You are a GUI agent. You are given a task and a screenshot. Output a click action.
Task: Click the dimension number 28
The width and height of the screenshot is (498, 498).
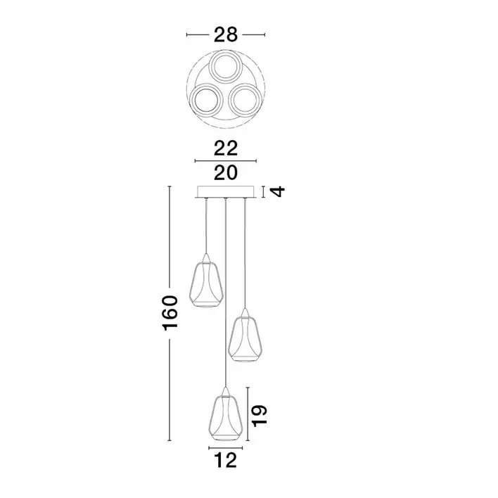coord(226,34)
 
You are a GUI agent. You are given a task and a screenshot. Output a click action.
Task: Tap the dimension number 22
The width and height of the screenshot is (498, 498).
coord(226,148)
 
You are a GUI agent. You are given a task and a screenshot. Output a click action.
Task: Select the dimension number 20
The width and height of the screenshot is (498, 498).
coord(226,173)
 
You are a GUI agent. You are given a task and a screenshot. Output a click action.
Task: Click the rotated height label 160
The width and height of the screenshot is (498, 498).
coord(170,313)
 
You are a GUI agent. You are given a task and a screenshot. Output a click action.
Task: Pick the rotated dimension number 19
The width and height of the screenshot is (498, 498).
coord(259,416)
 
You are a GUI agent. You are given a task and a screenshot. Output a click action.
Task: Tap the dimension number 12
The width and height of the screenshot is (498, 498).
coord(226,461)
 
